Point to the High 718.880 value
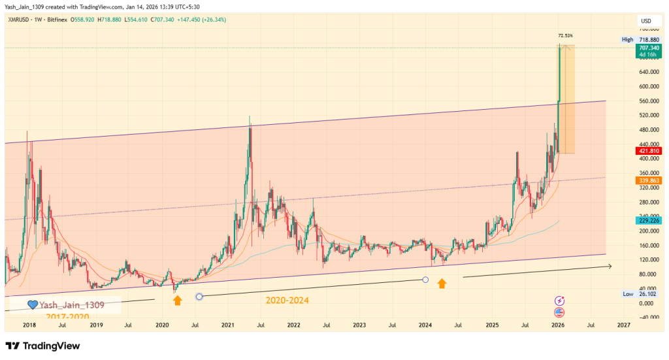[648, 39]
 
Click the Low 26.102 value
[648, 295]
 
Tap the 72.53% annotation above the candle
[566, 35]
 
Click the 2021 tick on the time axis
[228, 325]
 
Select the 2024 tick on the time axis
[425, 325]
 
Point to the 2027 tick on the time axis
[623, 325]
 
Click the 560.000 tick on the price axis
[648, 101]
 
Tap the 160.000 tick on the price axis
[648, 246]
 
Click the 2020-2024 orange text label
[287, 301]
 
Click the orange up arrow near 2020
[177, 300]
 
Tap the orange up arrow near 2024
[442, 284]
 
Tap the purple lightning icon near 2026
[560, 301]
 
